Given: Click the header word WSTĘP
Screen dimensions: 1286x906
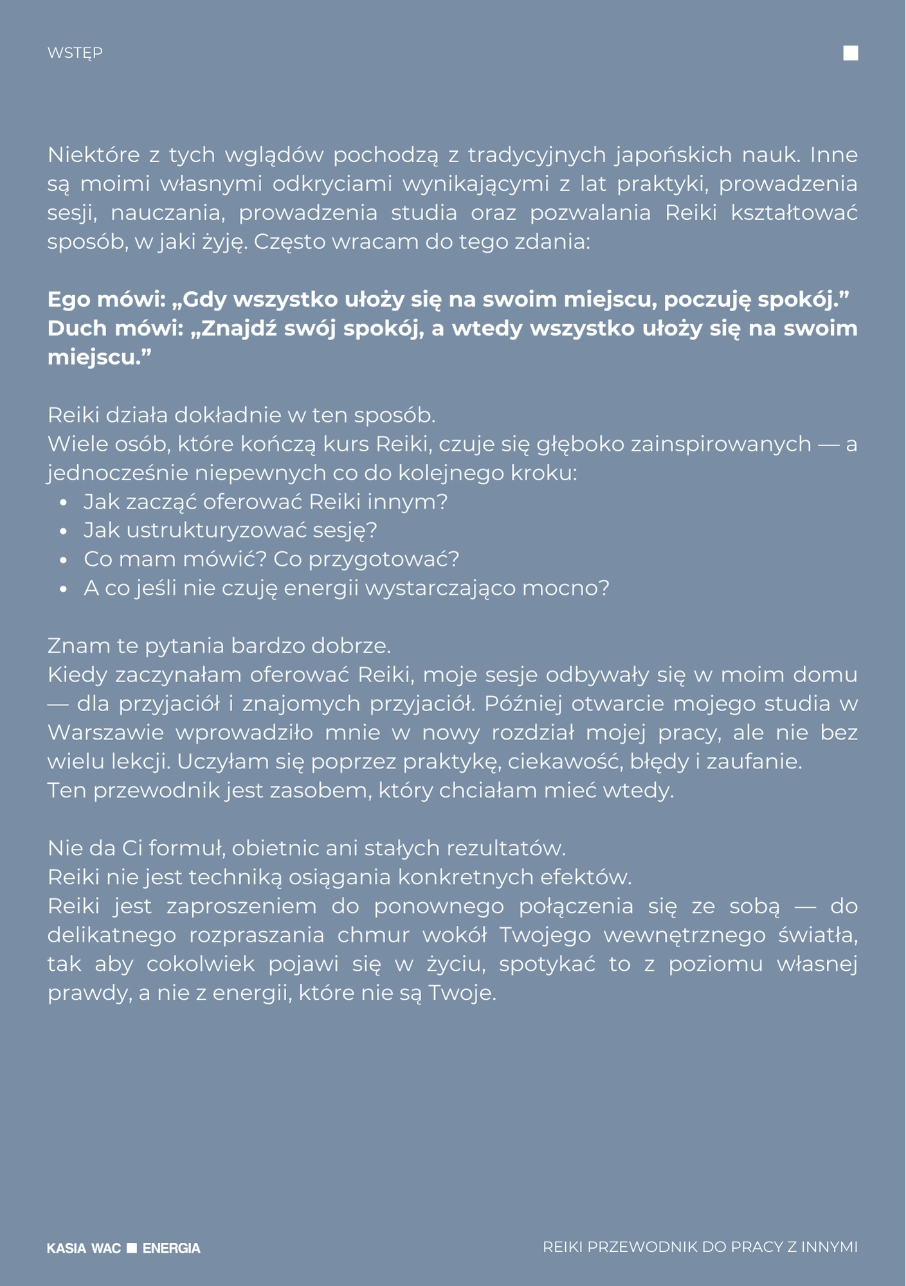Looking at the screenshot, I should pos(75,53).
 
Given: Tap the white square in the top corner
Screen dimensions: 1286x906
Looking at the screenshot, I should pos(850,53).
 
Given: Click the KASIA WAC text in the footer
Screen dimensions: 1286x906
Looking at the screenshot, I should pos(84,1248).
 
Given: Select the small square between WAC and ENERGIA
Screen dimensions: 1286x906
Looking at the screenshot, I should pos(132,1247).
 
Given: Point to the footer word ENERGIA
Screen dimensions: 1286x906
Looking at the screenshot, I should pos(171,1248).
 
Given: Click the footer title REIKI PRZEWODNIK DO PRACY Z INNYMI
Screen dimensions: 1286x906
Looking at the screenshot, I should pos(700,1247).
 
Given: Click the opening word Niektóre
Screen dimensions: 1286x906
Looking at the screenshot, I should pos(93,155).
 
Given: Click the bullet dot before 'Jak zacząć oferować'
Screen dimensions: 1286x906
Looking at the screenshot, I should pos(63,503).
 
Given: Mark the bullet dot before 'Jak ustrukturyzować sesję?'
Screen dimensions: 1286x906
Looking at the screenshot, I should pos(63,532).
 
